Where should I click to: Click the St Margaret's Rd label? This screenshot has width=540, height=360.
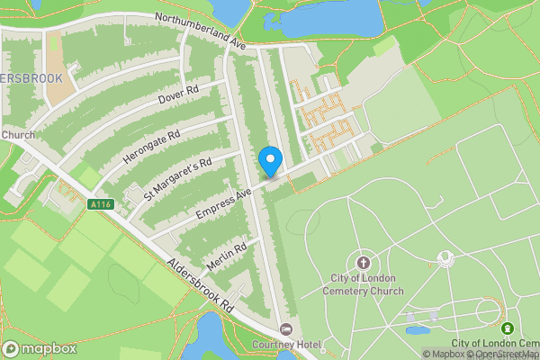tap(177, 178)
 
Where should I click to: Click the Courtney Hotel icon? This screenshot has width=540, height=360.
tap(286, 328)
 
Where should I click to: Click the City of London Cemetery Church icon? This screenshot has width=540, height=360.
tap(363, 263)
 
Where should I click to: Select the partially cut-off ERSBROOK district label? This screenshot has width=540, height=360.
tap(31, 78)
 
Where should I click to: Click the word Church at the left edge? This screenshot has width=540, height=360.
tap(17, 135)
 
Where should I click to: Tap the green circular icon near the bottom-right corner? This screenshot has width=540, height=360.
tap(508, 328)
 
